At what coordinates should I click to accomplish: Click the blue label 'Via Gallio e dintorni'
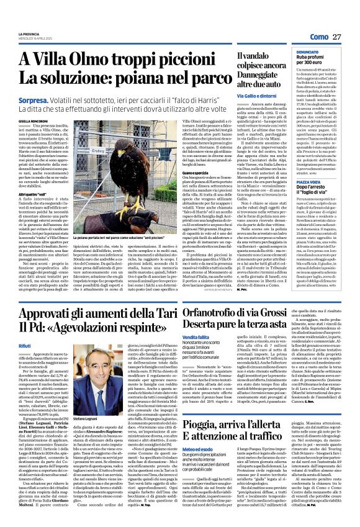pyautogui.click(x=256, y=97)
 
